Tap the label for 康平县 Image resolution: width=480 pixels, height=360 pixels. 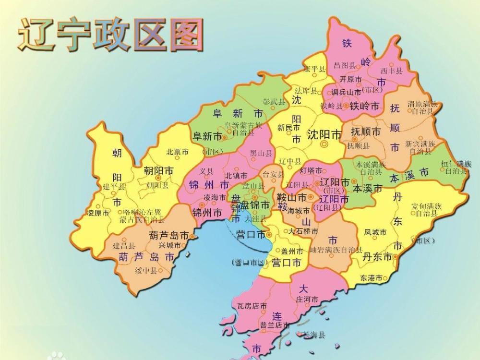[x=314, y=69]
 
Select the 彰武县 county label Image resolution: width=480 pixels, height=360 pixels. [x=274, y=102]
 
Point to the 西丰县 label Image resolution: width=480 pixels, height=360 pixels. [x=391, y=71]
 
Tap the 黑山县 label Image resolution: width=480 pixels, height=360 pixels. [x=261, y=154]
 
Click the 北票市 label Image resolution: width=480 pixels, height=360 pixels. [x=177, y=152]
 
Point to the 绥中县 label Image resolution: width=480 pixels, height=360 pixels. [x=146, y=271]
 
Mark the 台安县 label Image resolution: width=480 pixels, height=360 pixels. [x=273, y=174]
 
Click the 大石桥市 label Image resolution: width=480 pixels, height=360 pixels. [x=303, y=231]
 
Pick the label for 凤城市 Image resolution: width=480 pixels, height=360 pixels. [x=375, y=232]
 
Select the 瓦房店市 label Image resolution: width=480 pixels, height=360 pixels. [x=252, y=306]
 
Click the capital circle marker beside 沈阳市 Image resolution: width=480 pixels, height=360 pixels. [x=324, y=144]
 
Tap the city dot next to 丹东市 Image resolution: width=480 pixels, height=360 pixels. [x=395, y=256]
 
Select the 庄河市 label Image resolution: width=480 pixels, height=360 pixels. [x=307, y=299]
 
